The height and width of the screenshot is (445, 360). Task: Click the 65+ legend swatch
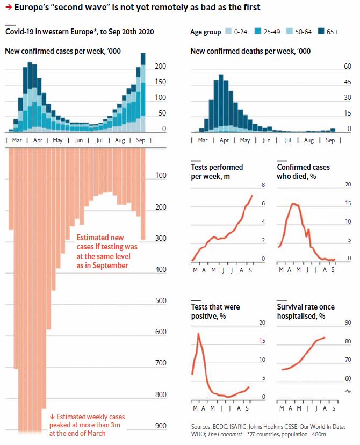pos(322,32)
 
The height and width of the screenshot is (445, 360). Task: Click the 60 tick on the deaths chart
pos(348,66)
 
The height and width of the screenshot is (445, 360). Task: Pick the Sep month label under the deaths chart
pos(330,140)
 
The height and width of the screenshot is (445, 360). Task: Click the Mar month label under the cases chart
pos(16,140)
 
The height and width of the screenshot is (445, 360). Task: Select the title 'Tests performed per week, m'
pos(217,171)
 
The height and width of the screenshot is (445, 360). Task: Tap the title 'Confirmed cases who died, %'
pos(303,171)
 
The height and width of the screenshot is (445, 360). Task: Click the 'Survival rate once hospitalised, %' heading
pos(305,311)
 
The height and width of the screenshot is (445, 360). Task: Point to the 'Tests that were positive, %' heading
pos(215,311)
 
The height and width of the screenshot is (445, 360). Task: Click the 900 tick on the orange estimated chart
pos(161,426)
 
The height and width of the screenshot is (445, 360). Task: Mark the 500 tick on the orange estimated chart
pos(161,300)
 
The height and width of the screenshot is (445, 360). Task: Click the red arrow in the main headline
pos(9,7)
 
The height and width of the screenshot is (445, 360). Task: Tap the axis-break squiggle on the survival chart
pos(348,391)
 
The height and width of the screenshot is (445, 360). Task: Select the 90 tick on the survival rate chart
pos(348,323)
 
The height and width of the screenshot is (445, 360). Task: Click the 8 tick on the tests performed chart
pos(263,185)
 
